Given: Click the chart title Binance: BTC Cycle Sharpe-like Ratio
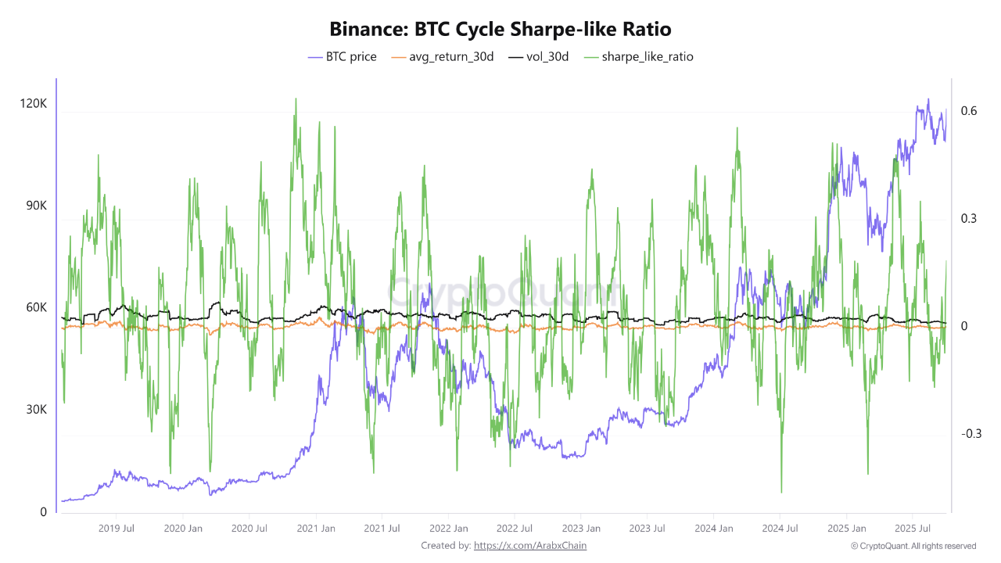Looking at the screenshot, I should [500, 29].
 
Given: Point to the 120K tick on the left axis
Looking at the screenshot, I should [33, 103].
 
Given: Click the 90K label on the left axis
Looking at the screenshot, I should [36, 206].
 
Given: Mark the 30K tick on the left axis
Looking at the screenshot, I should [36, 410].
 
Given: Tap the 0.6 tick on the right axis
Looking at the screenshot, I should [970, 111].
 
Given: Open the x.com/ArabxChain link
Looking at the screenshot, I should [530, 546].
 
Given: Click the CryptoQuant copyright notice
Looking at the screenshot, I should [913, 546].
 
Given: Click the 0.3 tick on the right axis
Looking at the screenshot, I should [970, 218].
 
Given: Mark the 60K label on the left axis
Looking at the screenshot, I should [36, 307].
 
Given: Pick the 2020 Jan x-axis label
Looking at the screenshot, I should [185, 529].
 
